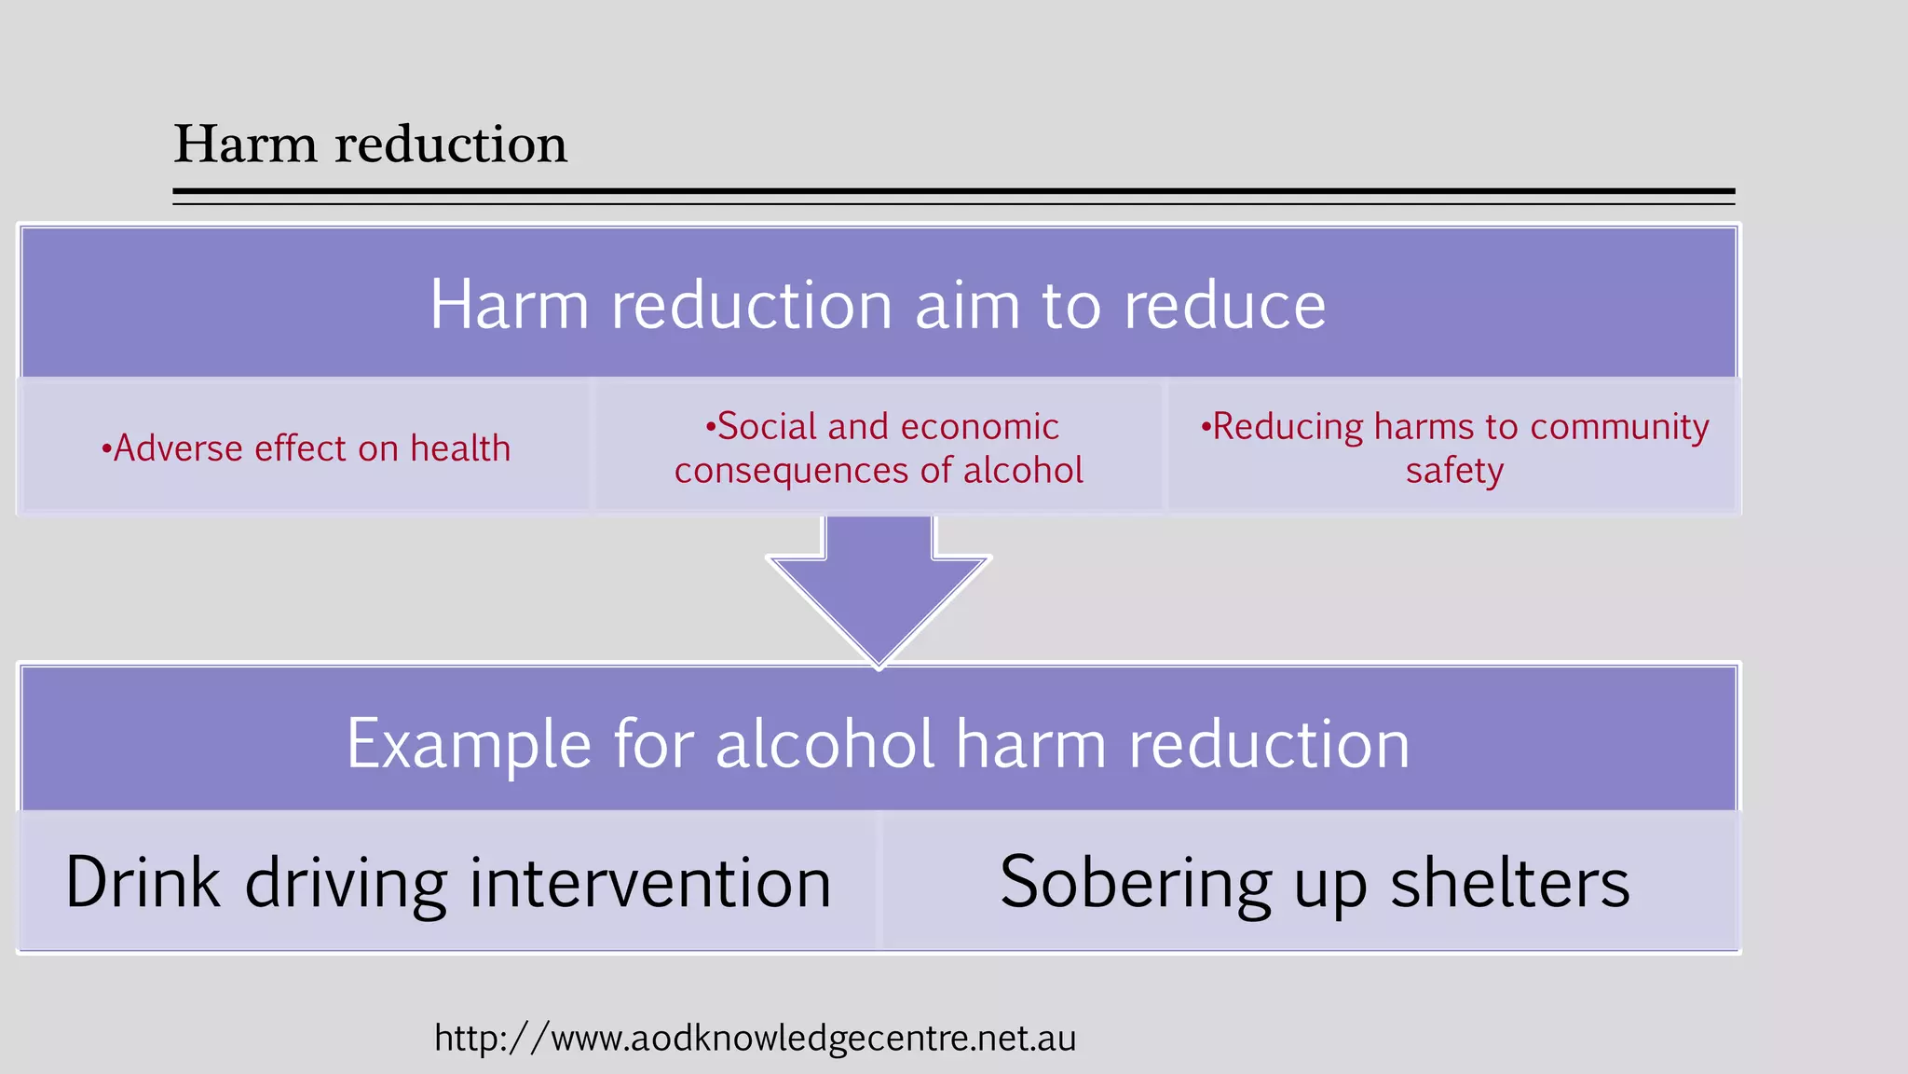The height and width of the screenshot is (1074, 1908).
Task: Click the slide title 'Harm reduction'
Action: pyautogui.click(x=370, y=145)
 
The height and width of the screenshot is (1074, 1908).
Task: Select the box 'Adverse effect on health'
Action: pyautogui.click(x=306, y=448)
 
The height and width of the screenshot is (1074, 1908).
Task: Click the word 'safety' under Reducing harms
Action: pyautogui.click(x=1454, y=471)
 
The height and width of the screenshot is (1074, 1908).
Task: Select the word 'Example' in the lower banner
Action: pyautogui.click(x=469, y=745)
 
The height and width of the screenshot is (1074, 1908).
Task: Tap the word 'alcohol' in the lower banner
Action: pyautogui.click(x=825, y=745)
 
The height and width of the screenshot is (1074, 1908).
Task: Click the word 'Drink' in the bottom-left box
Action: pyautogui.click(x=143, y=883)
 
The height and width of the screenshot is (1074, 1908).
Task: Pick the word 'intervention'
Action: pyautogui.click(x=649, y=883)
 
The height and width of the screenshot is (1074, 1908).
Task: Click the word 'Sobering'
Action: pyautogui.click(x=1135, y=883)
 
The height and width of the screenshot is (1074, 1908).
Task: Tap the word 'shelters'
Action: pyautogui.click(x=1510, y=883)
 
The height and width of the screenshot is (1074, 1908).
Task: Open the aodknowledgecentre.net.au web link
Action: pyautogui.click(x=755, y=1039)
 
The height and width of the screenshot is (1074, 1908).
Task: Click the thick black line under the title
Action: pyautogui.click(x=953, y=191)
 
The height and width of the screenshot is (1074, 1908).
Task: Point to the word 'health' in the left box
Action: pyautogui.click(x=460, y=448)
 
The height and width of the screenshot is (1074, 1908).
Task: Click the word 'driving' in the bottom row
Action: pyautogui.click(x=346, y=883)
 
